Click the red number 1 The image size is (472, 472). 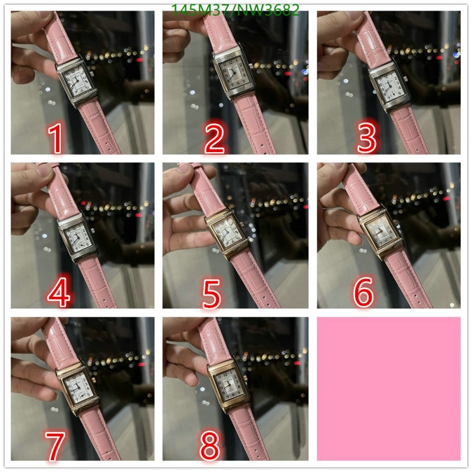56,138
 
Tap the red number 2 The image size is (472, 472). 214,139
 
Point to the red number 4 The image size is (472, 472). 59,292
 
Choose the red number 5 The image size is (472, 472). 211,293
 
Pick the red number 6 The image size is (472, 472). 363,291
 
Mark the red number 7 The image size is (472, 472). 55,446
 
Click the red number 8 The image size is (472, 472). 209,446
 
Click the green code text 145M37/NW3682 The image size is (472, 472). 235,10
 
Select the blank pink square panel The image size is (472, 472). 389,389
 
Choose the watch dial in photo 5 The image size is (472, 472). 229,232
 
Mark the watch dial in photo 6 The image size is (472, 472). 381,232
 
